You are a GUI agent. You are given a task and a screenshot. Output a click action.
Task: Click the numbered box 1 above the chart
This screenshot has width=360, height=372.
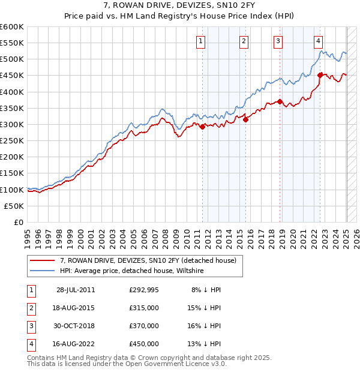pyautogui.click(x=200, y=41)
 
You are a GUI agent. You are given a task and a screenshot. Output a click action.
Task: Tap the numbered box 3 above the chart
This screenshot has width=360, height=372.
pyautogui.click(x=278, y=41)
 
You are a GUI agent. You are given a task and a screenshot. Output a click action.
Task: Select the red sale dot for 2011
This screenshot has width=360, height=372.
pyautogui.click(x=203, y=127)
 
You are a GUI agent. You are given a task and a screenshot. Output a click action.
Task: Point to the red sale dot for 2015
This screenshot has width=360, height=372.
pyautogui.click(x=246, y=119)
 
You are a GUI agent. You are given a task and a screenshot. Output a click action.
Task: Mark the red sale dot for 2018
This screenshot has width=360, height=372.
pyautogui.click(x=280, y=101)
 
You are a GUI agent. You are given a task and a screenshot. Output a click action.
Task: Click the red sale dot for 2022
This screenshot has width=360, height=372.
pyautogui.click(x=320, y=75)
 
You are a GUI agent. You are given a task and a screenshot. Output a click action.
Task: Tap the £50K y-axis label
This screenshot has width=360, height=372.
pyautogui.click(x=14, y=206)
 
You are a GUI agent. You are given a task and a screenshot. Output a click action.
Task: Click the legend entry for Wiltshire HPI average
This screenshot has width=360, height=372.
pyautogui.click(x=132, y=271)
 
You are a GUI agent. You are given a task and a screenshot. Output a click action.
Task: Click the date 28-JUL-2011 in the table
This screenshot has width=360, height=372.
pyautogui.click(x=76, y=290)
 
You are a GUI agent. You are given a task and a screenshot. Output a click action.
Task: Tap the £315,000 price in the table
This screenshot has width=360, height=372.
pyautogui.click(x=144, y=308)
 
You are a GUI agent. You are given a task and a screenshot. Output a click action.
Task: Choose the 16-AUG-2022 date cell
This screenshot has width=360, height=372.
pyautogui.click(x=76, y=344)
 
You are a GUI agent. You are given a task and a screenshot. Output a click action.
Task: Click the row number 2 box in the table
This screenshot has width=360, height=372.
pyautogui.click(x=30, y=308)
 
